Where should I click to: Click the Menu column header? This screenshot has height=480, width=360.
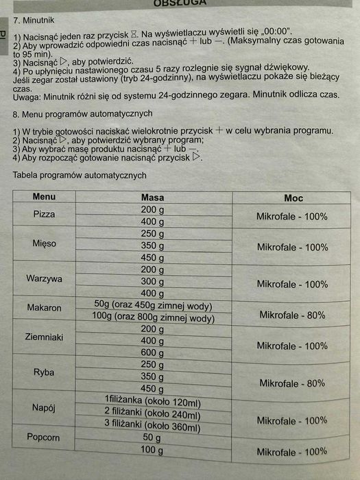(x=44, y=197)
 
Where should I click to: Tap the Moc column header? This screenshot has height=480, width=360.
(x=293, y=197)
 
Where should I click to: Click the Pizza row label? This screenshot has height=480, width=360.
(x=44, y=215)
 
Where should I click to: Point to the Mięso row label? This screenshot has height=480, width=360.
(x=44, y=244)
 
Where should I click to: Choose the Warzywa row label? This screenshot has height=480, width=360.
(x=44, y=279)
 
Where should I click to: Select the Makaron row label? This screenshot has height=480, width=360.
(x=44, y=307)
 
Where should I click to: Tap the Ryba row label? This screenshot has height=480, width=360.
(x=44, y=372)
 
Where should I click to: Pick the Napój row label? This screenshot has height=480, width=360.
(x=44, y=407)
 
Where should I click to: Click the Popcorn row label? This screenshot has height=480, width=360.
(x=44, y=437)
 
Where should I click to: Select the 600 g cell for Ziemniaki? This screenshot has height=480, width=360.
(x=152, y=352)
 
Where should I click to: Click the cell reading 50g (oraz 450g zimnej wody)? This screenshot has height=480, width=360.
(x=154, y=306)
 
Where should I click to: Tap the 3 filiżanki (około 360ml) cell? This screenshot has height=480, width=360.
(x=152, y=426)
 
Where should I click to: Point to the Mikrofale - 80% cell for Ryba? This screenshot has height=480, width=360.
(x=291, y=383)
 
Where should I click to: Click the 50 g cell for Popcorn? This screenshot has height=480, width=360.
(x=152, y=437)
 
